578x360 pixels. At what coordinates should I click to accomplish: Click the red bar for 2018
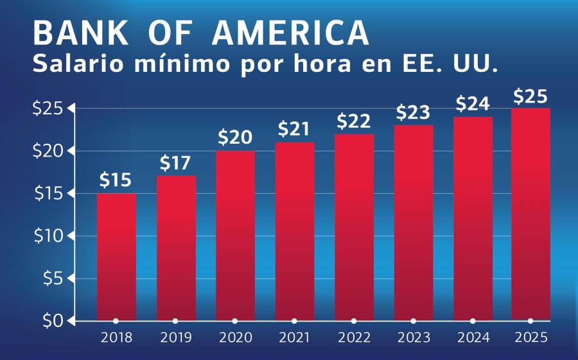click(116, 257)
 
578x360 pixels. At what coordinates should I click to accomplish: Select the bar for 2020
click(235, 236)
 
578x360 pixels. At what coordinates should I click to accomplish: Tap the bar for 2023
click(414, 223)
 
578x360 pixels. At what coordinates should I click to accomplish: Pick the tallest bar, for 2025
click(530, 214)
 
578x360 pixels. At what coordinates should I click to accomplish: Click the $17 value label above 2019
click(176, 164)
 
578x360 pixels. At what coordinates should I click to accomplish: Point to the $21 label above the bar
click(295, 129)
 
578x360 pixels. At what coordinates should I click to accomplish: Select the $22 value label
click(354, 121)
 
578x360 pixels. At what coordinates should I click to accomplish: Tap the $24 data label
click(473, 103)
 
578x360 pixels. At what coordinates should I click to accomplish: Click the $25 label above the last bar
click(530, 97)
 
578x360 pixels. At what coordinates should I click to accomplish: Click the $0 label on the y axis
click(50, 321)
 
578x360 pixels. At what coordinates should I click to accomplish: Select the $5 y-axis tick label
click(50, 279)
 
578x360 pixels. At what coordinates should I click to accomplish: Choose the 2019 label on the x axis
click(175, 338)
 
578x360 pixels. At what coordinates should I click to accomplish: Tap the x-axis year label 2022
click(354, 338)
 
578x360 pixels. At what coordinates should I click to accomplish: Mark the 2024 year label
click(473, 338)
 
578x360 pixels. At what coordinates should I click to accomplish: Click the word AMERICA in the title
click(291, 32)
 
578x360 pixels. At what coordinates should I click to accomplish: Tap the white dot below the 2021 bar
click(294, 321)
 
